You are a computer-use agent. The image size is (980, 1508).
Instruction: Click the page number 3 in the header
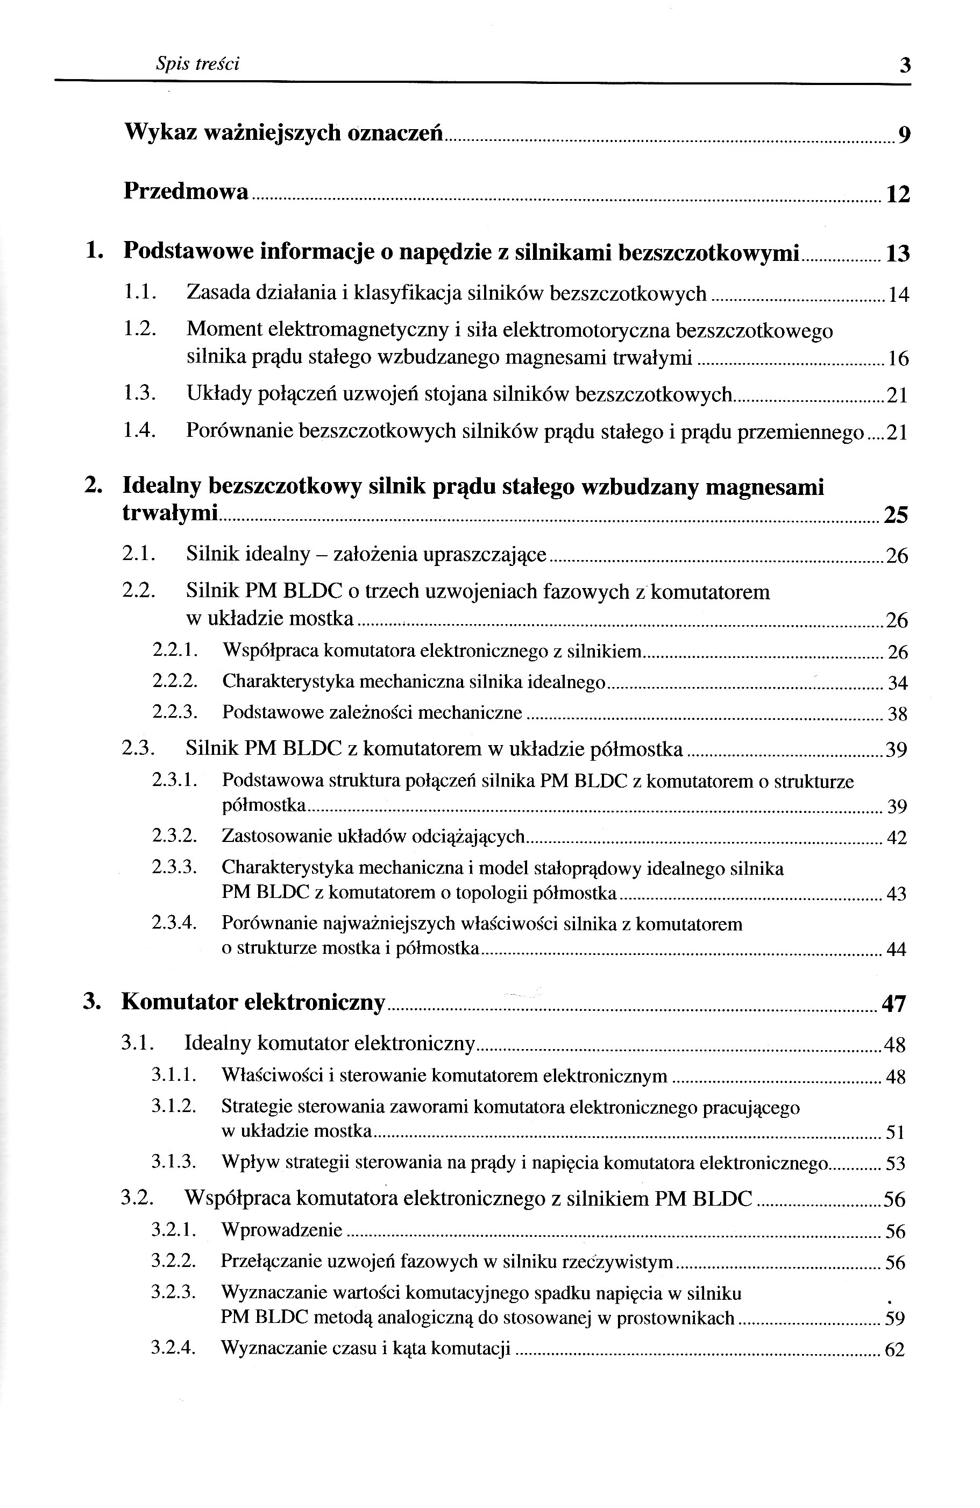905,65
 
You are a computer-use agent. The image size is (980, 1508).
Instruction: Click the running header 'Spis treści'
197,64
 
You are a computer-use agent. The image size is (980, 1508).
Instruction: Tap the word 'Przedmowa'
186,192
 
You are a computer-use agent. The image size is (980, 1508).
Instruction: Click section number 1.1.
139,293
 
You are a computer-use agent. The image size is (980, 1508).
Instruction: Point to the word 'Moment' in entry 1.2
224,330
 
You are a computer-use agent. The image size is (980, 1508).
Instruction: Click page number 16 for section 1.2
898,359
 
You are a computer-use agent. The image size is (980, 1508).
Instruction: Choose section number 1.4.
139,431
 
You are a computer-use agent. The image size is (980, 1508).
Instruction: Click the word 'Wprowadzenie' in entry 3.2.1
281,1230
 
